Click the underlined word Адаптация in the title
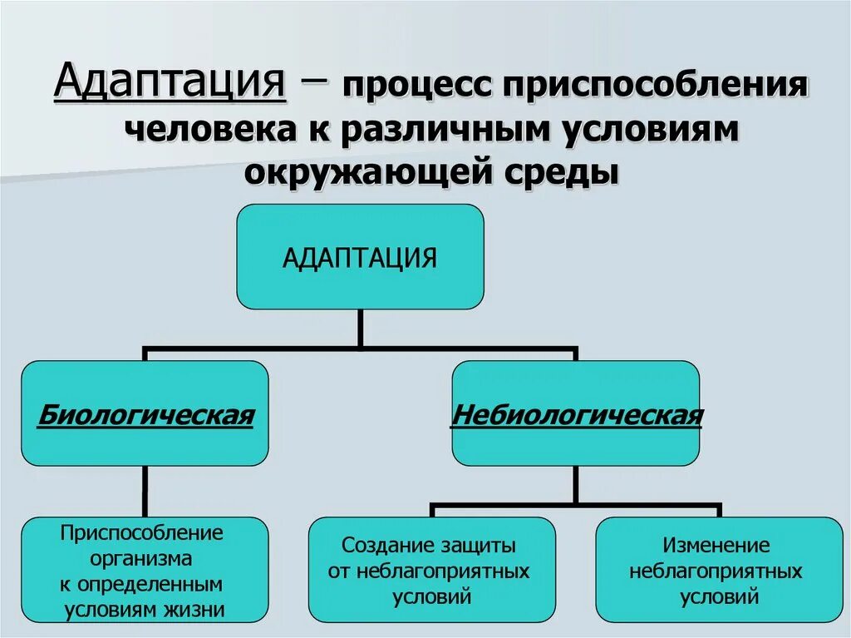[x=170, y=84]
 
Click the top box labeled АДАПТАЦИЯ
[x=360, y=257]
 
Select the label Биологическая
[x=145, y=414]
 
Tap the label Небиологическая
[x=576, y=414]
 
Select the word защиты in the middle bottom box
[x=481, y=547]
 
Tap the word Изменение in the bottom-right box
[x=716, y=547]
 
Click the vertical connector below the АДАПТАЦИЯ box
[x=360, y=328]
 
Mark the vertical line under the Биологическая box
[x=145, y=492]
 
